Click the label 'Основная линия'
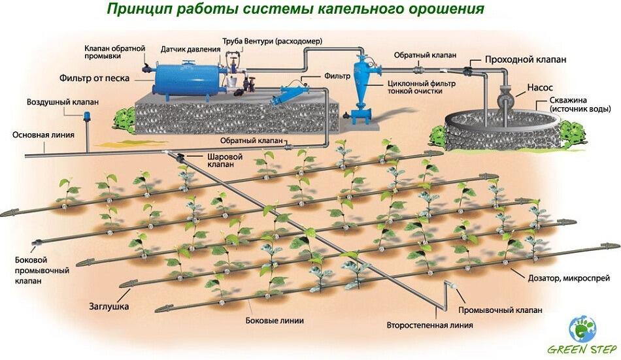click(42, 135)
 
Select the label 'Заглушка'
click(109, 305)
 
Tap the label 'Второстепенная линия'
click(429, 325)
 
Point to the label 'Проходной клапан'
click(525, 59)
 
